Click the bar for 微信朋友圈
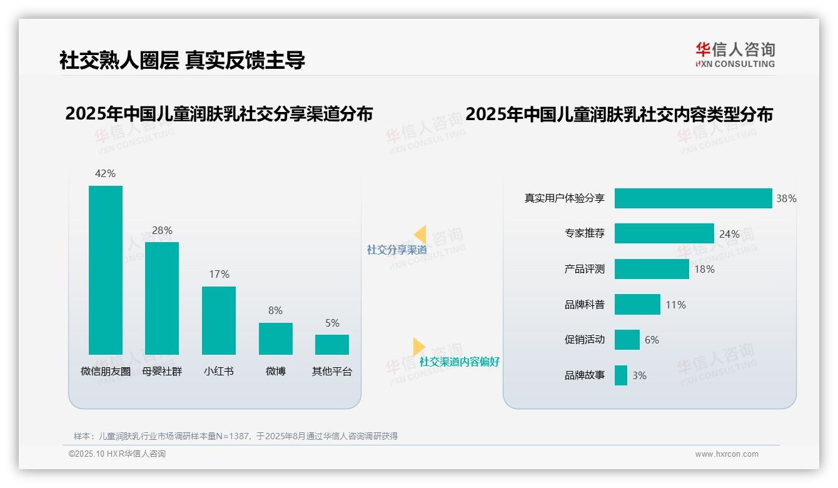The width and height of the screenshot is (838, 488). (x=106, y=270)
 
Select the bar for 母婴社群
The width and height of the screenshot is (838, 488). (x=162, y=298)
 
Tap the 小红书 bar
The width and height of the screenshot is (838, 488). (x=218, y=320)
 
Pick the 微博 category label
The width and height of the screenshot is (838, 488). (x=275, y=371)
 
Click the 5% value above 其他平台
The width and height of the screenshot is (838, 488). (x=332, y=323)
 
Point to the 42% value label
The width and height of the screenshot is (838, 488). (x=105, y=173)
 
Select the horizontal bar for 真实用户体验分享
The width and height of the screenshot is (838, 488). (x=693, y=198)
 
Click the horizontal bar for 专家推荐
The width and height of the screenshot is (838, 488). (x=664, y=233)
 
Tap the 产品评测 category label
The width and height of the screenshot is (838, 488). (x=584, y=269)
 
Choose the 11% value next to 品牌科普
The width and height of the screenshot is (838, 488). (x=675, y=305)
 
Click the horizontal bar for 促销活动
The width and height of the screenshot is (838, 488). (x=627, y=340)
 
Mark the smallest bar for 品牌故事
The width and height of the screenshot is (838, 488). (x=620, y=375)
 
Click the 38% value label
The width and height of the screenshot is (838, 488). (x=786, y=198)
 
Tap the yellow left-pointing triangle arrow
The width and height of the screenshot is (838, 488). (x=420, y=235)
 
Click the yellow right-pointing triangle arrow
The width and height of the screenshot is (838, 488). (x=418, y=347)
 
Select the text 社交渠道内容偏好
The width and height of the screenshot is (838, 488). (x=459, y=362)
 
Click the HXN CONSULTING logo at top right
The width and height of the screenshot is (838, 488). (x=735, y=55)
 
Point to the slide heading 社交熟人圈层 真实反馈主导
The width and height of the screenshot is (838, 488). (x=182, y=60)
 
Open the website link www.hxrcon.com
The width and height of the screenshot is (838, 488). (x=726, y=454)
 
